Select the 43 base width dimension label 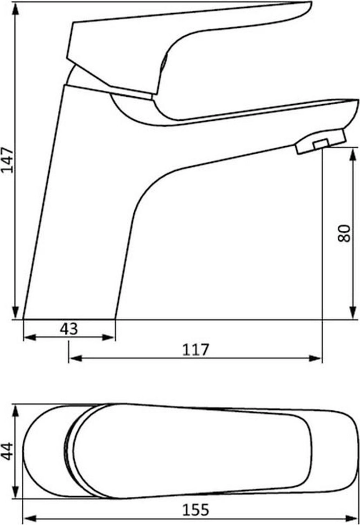click(69, 329)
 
